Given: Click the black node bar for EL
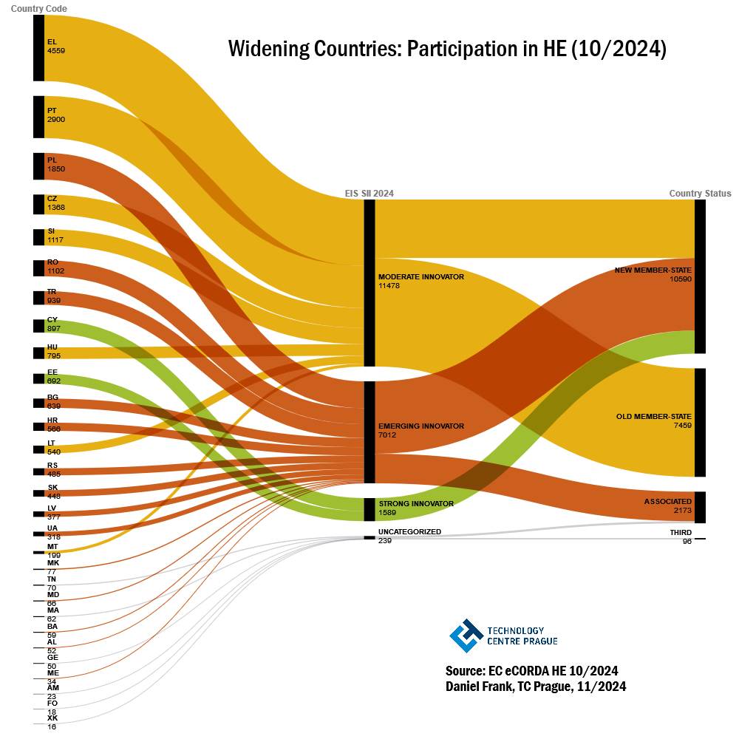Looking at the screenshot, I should [38, 47].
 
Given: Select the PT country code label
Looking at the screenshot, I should [52, 110].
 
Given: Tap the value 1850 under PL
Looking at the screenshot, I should [56, 169].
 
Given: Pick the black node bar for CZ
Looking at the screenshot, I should [38, 204].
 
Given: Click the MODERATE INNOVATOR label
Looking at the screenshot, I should [420, 277].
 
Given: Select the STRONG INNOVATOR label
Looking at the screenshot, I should [415, 504].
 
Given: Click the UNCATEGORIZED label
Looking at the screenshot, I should [409, 532].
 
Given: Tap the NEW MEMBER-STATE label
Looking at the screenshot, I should [653, 270].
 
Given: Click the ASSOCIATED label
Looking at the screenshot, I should [667, 502].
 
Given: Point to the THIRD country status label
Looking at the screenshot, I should [681, 533].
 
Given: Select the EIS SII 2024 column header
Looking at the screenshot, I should [369, 194].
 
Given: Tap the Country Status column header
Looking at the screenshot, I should [700, 194].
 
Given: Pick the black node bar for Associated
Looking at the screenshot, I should [700, 507].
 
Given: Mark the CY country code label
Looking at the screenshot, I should [52, 320].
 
